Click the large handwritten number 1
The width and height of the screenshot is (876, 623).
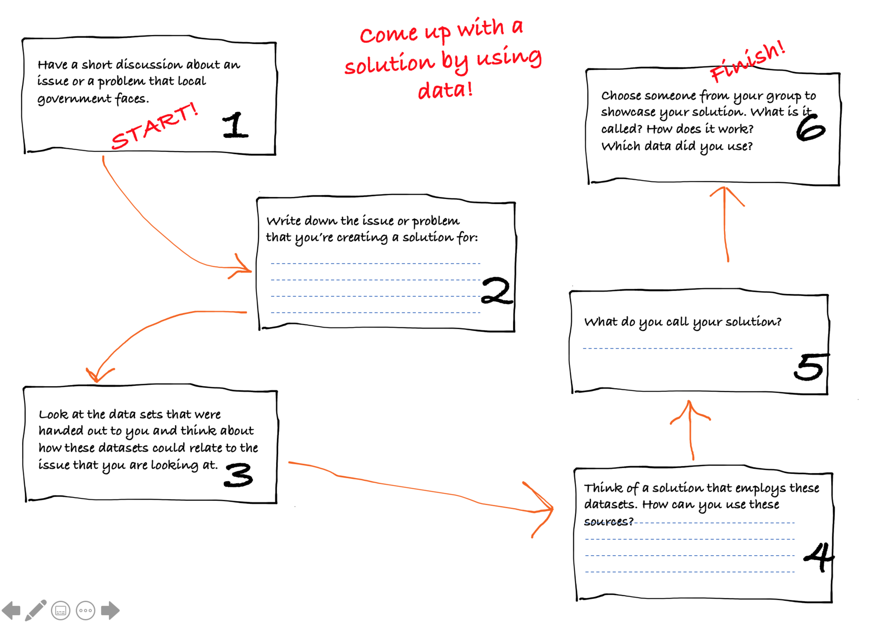[x=235, y=125]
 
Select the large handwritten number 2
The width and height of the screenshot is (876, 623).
[x=497, y=291]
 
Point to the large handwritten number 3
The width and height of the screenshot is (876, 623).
[x=238, y=475]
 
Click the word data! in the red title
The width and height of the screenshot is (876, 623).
[x=445, y=90]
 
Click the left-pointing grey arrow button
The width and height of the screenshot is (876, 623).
[x=12, y=611]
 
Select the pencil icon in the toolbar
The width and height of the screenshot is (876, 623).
[x=36, y=610]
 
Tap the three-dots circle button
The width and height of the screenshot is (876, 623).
[x=86, y=611]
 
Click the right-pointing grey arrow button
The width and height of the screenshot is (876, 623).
[x=110, y=611]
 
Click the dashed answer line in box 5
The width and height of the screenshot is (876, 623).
[x=687, y=348]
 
